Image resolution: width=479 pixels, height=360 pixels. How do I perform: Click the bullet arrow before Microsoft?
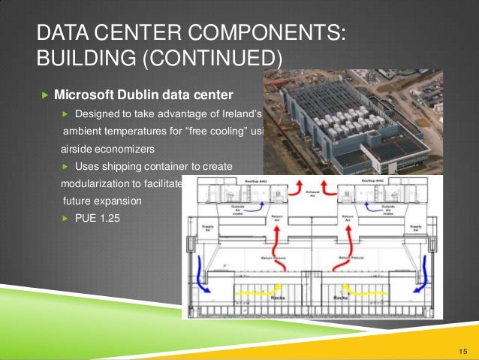pyautogui.click(x=44, y=96)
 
